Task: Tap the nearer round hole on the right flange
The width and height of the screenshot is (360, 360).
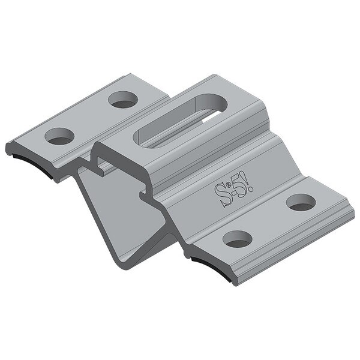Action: [x=235, y=239]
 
